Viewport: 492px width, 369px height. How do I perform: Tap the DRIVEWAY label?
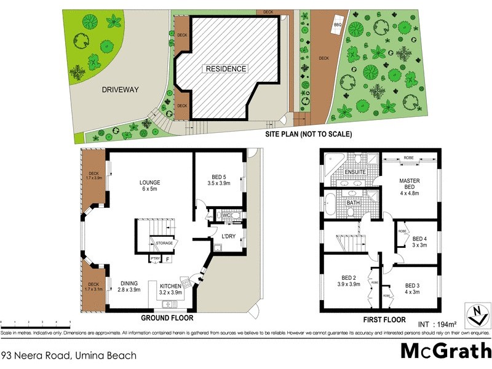[x=120, y=90]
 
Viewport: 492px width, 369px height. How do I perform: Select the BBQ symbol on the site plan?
[x=337, y=25]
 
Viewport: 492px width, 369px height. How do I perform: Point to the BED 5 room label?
[x=219, y=180]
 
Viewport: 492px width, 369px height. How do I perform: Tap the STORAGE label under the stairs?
[x=164, y=244]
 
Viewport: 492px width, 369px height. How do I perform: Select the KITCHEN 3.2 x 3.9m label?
[x=171, y=290]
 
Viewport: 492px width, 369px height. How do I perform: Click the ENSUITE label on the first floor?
[x=355, y=172]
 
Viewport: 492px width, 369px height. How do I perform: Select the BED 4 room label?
[x=419, y=242]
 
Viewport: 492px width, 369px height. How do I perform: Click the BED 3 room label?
[x=413, y=289]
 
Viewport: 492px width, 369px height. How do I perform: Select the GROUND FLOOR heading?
[x=167, y=319]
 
